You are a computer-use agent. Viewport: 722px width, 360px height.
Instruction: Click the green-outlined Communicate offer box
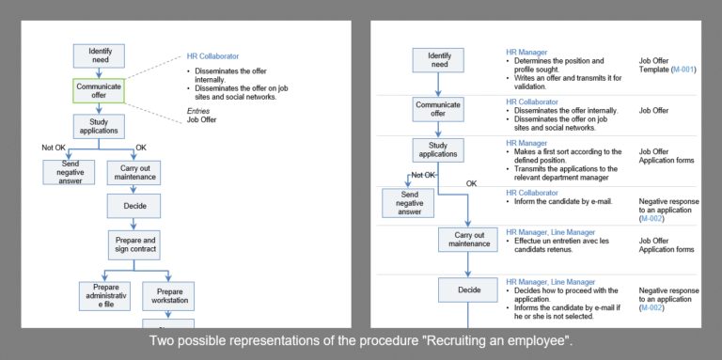click(100, 90)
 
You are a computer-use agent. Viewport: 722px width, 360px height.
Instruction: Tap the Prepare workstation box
click(169, 296)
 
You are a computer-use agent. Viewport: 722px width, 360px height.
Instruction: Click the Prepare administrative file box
click(104, 296)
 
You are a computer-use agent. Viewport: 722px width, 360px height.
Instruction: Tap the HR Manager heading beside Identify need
click(526, 52)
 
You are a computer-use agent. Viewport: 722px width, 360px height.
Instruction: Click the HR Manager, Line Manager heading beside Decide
click(550, 281)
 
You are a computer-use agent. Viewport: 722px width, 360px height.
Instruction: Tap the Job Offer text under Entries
click(201, 119)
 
